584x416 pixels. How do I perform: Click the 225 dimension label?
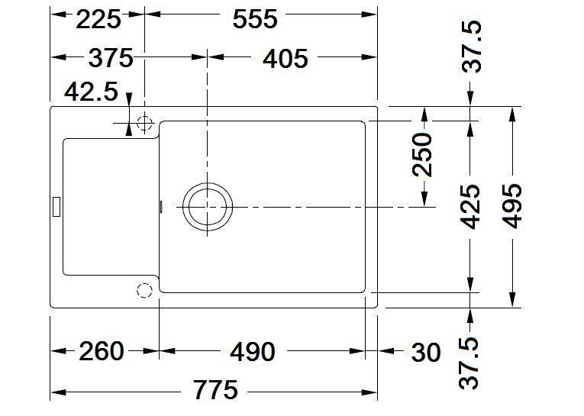98,19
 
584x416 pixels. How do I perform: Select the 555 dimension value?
255,19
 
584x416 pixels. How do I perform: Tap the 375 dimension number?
111,58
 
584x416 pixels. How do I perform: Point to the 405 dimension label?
286,59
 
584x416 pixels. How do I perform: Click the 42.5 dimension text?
92,92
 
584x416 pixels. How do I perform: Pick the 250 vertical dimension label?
423,154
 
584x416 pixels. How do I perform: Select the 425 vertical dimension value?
470,206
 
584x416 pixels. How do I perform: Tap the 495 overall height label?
512,206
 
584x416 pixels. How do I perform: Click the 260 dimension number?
101,351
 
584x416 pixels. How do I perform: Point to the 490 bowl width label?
253,352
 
